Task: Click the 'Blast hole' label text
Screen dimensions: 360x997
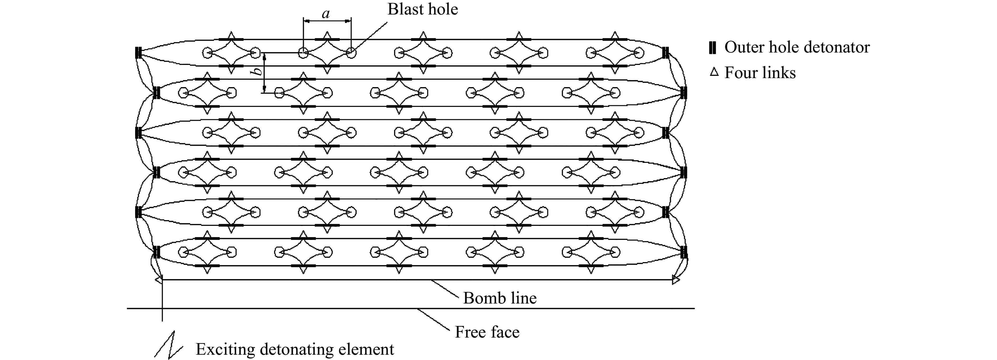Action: [x=423, y=9]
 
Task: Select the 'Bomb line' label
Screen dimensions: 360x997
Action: [x=500, y=298]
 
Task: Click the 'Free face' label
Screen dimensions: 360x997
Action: [x=487, y=332]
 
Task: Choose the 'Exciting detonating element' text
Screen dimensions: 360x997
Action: [x=295, y=349]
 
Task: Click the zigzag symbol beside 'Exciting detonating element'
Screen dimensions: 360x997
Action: [x=169, y=344]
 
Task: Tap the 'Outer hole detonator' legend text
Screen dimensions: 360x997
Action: [x=797, y=47]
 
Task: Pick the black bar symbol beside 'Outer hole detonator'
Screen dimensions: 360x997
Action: [x=712, y=48]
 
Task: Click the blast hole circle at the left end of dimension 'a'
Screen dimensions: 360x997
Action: [x=303, y=53]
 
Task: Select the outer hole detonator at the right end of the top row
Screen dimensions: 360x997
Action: [x=665, y=52]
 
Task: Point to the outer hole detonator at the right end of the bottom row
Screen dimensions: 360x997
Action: [x=683, y=252]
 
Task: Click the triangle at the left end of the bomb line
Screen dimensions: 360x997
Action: [x=158, y=279]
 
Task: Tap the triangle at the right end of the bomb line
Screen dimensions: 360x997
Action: [x=676, y=279]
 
